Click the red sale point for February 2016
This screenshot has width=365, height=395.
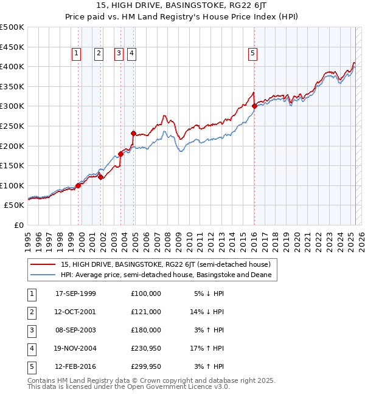254,106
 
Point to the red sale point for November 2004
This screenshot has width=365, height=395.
133,132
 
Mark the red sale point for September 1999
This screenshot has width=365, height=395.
78,185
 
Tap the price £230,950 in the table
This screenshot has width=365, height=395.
146,349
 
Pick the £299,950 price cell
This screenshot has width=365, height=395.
146,367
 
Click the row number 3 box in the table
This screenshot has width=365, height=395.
32,331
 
